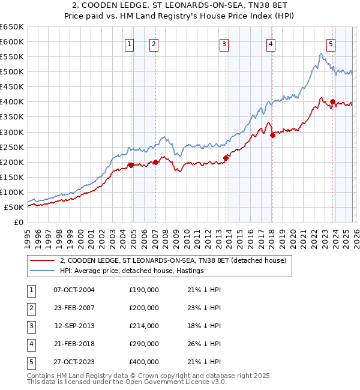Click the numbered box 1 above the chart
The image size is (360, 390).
click(x=130, y=43)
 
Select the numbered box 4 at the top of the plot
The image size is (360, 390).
click(x=271, y=43)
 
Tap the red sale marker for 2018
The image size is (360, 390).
click(x=272, y=135)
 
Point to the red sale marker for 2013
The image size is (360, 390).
click(x=226, y=158)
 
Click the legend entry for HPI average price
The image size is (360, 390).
click(x=131, y=271)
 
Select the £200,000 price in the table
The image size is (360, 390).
click(x=144, y=308)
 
